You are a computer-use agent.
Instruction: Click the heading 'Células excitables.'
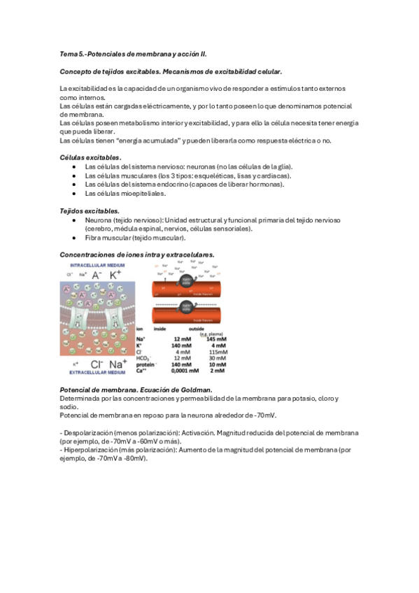point(91,157)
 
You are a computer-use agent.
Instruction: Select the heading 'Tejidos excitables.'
point(90,210)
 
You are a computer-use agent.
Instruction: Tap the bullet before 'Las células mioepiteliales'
point(74,193)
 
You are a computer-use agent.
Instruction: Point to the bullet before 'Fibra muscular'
point(74,238)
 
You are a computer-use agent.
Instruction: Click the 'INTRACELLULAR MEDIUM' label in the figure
point(98,265)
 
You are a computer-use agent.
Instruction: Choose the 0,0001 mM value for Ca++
point(183,370)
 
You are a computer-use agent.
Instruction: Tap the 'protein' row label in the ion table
point(145,364)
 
